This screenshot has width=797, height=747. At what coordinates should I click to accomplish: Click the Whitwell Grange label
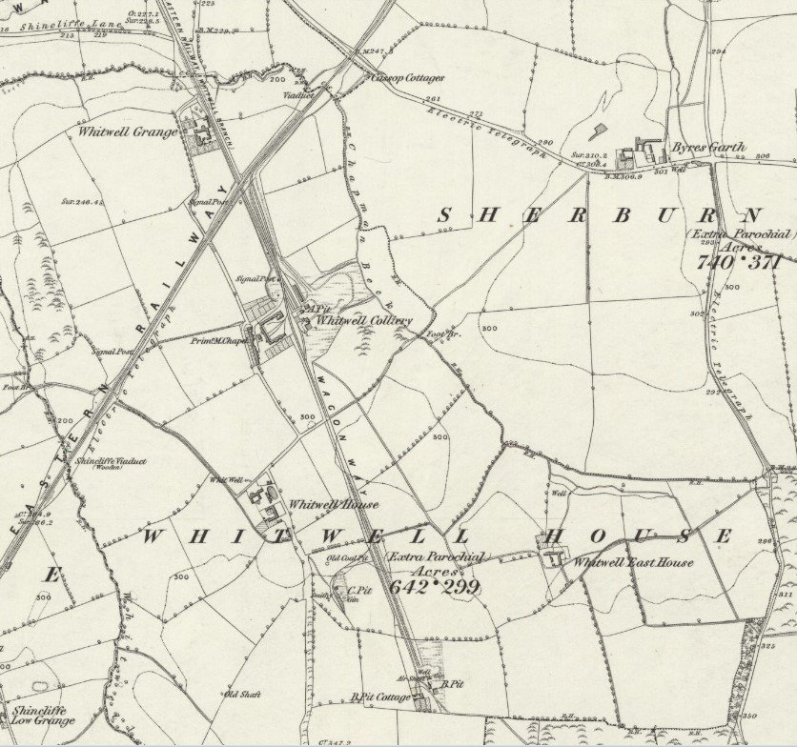point(128,131)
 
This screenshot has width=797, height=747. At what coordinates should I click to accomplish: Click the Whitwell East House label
point(632,562)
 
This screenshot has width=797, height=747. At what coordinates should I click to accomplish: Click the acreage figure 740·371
point(739,260)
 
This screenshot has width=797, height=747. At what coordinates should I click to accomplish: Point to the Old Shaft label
point(243,694)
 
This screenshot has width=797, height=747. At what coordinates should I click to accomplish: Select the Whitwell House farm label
point(333,504)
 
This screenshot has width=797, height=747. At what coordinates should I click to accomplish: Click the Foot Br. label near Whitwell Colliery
point(436,334)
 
